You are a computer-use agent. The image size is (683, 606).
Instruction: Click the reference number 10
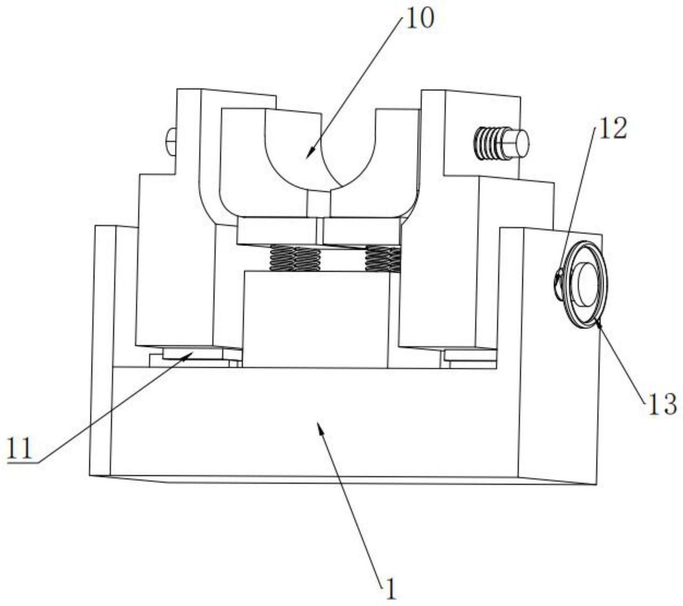pyautogui.click(x=420, y=20)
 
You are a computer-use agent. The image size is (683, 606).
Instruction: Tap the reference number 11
pyautogui.click(x=20, y=448)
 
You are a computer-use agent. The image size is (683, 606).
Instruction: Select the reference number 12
pyautogui.click(x=612, y=129)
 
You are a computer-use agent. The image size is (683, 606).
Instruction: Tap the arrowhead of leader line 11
pyautogui.click(x=189, y=355)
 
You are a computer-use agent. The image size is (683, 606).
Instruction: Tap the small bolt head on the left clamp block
pyautogui.click(x=171, y=141)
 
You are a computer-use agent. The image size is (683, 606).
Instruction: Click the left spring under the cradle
pyautogui.click(x=295, y=258)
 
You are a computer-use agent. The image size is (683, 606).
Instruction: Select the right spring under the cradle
pyautogui.click(x=382, y=258)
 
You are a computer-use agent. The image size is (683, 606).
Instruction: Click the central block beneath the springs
pyautogui.click(x=315, y=319)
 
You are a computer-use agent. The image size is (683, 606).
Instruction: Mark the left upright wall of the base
pyautogui.click(x=101, y=349)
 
